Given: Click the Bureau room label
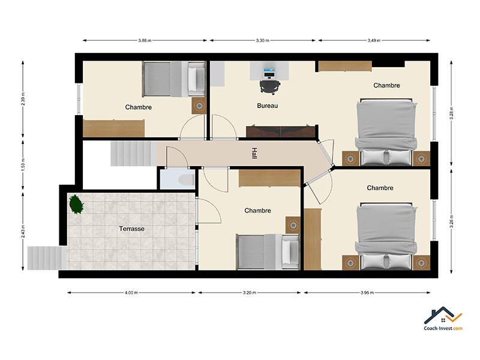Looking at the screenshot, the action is click(267, 106).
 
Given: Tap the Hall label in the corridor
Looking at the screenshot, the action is click(254, 153).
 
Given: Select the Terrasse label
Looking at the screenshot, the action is click(131, 229).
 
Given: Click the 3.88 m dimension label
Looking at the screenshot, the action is click(145, 40).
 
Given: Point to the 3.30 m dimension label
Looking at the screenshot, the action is click(263, 40).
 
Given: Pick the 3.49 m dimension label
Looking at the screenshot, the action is click(374, 40).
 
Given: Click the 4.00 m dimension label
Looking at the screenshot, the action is click(131, 293).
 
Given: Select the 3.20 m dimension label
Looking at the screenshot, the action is click(250, 293).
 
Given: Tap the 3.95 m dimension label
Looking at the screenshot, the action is click(367, 293).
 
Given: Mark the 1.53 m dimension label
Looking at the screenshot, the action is click(23, 165).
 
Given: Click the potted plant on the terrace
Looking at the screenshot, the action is click(76, 204).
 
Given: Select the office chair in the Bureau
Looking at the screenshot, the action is click(269, 86).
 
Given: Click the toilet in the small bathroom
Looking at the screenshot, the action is click(187, 180).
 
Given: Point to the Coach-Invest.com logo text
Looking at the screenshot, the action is click(443, 328).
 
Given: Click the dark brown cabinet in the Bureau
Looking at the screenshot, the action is click(281, 131).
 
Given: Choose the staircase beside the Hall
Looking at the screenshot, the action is click(133, 154).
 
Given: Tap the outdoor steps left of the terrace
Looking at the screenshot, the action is click(47, 258).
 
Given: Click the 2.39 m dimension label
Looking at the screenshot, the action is click(23, 99).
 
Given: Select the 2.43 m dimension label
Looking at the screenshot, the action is click(23, 231).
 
